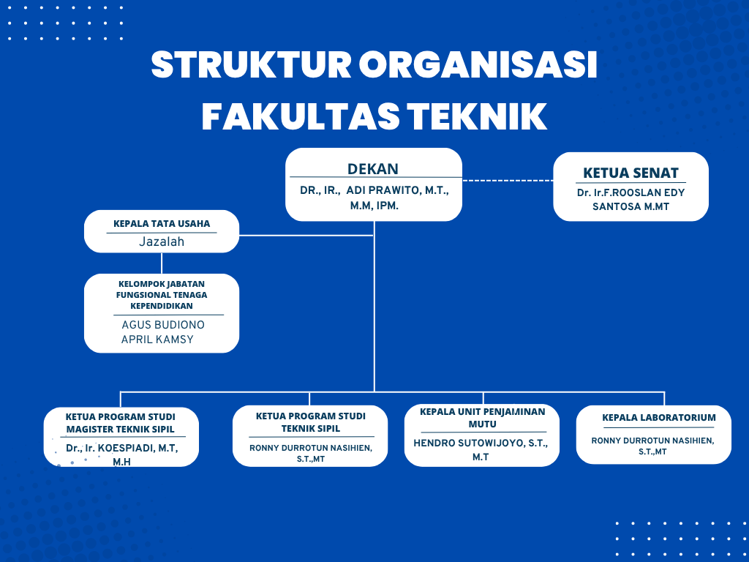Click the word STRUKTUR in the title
[252, 64]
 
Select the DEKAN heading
[372, 169]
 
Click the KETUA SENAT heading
[631, 173]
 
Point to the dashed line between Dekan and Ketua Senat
[508, 181]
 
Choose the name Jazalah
[162, 241]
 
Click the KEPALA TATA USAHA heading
[162, 224]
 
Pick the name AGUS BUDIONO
[163, 325]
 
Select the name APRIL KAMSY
[157, 340]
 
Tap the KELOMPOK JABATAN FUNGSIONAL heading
[162, 295]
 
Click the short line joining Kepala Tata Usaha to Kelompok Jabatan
[162, 263]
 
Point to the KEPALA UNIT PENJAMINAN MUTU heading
[483, 418]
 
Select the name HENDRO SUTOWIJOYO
[468, 443]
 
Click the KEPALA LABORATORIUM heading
[659, 417]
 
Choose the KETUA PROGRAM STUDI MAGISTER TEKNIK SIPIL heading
[121, 423]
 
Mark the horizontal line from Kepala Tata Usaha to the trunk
[306, 235]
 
